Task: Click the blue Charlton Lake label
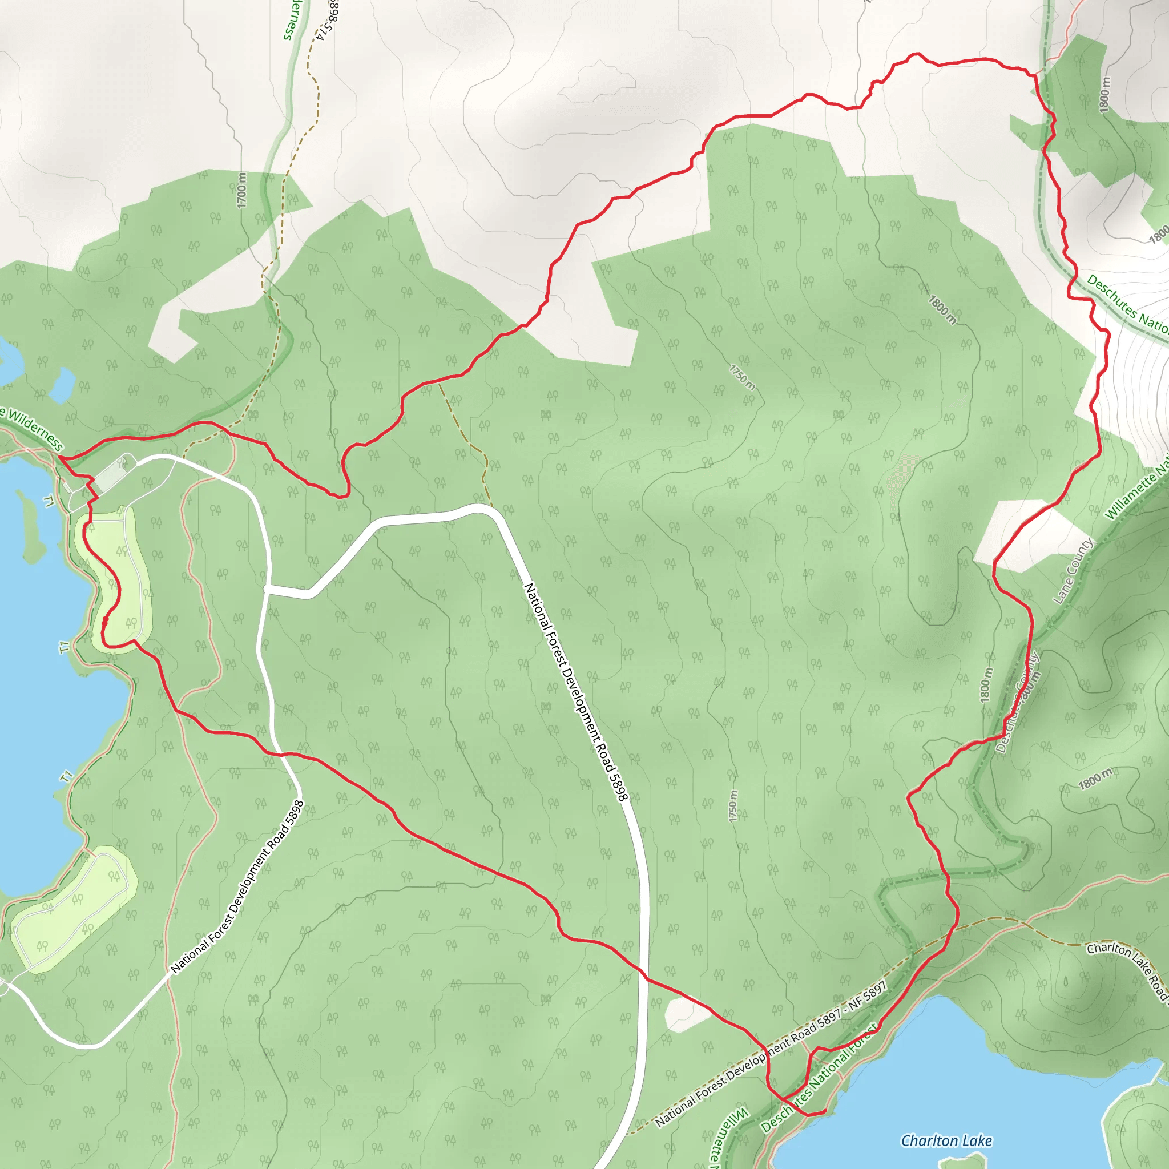coord(946,1140)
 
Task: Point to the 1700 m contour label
coord(242,190)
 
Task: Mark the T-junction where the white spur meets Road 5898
coord(267,588)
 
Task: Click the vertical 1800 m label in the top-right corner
coord(1105,94)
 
